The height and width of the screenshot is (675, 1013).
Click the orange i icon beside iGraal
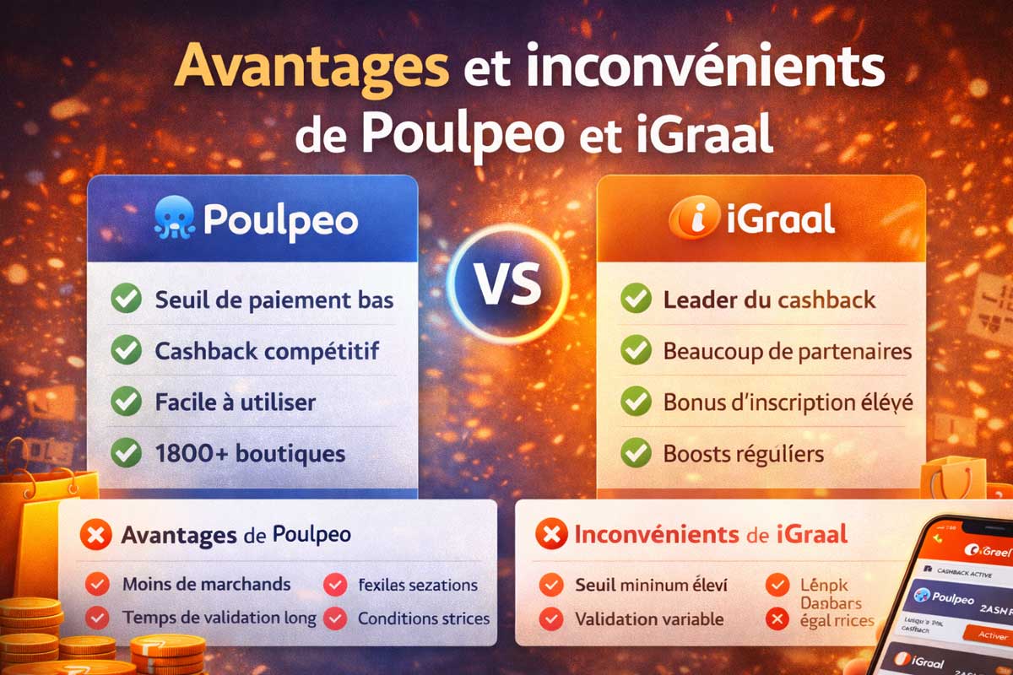687,220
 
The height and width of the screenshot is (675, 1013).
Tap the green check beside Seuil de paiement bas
127,300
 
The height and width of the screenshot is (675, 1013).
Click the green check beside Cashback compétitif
127,350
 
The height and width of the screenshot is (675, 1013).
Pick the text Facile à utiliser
236,402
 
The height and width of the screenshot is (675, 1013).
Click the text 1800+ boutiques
250,453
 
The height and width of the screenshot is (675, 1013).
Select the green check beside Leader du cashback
636,300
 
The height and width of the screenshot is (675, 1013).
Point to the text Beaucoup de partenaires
788,350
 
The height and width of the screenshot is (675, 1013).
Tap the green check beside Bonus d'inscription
636,402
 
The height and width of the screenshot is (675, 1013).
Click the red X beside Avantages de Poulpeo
95,535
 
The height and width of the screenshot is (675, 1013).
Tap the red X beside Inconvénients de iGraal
551,534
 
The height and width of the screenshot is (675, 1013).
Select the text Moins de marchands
206,584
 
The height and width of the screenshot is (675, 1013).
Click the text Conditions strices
423,618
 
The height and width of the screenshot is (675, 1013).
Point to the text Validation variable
648,618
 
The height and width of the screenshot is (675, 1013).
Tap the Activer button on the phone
991,634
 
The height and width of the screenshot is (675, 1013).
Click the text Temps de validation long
219,618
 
